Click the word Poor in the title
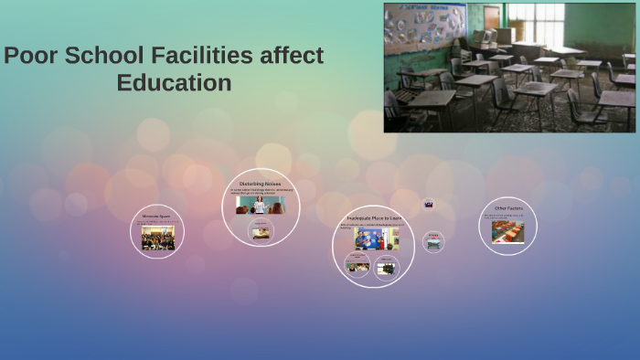click(x=30, y=56)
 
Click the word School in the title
click(x=101, y=56)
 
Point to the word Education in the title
click(x=174, y=83)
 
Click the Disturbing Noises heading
click(x=261, y=184)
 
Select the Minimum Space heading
click(x=156, y=217)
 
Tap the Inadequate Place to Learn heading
click(x=373, y=218)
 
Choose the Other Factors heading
click(x=508, y=208)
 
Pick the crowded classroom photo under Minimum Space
click(x=157, y=239)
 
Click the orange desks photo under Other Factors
click(x=507, y=232)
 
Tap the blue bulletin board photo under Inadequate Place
click(x=376, y=238)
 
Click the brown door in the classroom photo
click(x=493, y=17)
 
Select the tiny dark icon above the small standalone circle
click(x=429, y=205)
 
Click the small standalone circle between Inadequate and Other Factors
click(x=434, y=241)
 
